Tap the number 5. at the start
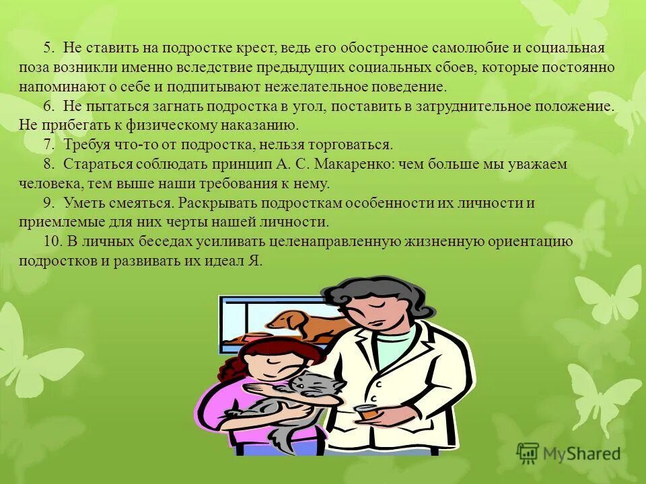(x=49, y=48)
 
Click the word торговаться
(x=350, y=145)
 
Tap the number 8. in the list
(x=48, y=165)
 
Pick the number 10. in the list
(x=52, y=242)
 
